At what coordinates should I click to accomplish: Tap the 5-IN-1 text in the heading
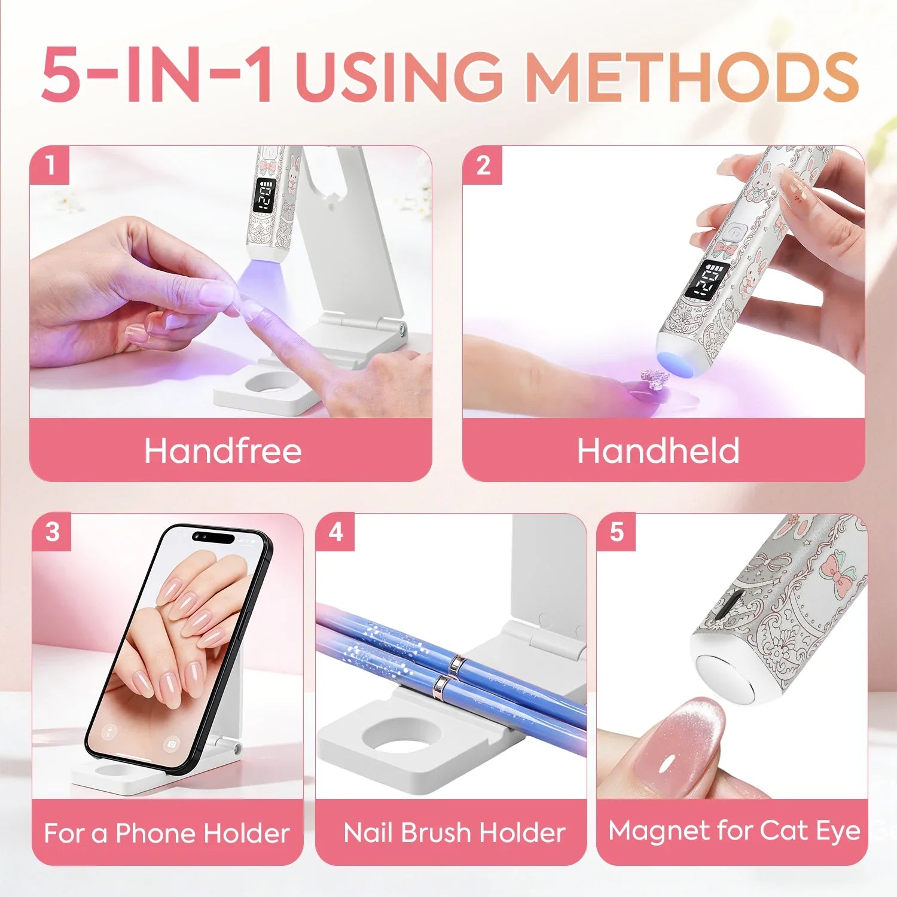tap(158, 76)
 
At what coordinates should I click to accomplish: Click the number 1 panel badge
tap(50, 166)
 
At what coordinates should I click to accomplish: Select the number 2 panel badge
tap(483, 166)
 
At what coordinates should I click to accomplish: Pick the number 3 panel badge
tap(53, 532)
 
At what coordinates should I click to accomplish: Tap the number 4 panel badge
tap(335, 532)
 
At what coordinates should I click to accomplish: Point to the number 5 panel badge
tap(617, 532)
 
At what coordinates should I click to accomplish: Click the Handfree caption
tap(222, 450)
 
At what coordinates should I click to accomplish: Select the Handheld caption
tap(658, 450)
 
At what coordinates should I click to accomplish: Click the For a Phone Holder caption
tap(167, 833)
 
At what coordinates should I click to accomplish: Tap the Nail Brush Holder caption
tap(454, 832)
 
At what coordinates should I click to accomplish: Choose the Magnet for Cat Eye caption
tap(734, 831)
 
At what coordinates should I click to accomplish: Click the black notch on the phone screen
tap(213, 536)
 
